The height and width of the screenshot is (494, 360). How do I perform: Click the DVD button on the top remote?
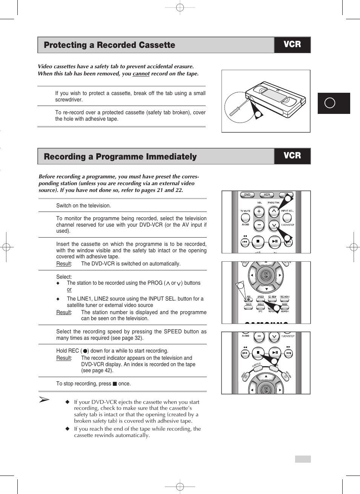(247, 195)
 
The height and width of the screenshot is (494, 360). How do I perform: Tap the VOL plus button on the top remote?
(259, 212)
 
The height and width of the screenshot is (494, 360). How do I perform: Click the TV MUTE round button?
(245, 218)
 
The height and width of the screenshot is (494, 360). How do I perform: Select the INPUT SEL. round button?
(287, 218)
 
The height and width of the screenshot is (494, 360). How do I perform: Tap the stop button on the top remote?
(258, 241)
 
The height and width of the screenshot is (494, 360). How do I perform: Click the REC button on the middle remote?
(248, 300)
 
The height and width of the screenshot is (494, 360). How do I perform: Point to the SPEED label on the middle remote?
(260, 297)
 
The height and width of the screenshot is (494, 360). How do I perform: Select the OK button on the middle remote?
(266, 275)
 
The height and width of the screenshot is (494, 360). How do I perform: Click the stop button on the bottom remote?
(258, 353)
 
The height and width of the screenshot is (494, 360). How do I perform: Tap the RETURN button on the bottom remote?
(285, 376)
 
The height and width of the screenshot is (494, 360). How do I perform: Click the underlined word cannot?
(141, 74)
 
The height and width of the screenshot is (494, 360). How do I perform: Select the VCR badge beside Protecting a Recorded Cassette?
(292, 44)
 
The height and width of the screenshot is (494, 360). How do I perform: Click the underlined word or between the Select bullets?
(69, 290)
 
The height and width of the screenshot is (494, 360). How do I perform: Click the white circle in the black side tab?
(330, 103)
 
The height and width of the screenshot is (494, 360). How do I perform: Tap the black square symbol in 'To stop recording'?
(115, 384)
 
